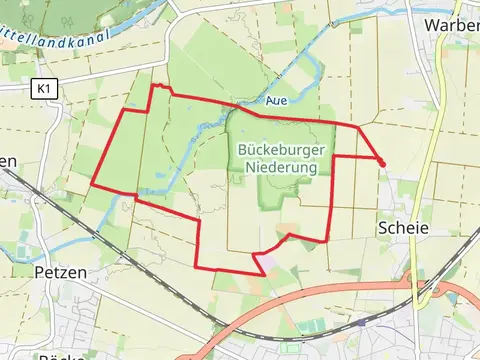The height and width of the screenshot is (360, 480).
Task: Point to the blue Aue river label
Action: click(x=278, y=101)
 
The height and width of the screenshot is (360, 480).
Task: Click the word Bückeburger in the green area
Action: click(x=280, y=151)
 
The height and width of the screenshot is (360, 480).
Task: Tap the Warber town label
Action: click(x=451, y=24)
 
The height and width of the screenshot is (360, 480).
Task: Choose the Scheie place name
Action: click(x=403, y=228)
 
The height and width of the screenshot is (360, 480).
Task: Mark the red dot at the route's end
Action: click(x=381, y=162)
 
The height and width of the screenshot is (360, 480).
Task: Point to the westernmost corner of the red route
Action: click(x=92, y=184)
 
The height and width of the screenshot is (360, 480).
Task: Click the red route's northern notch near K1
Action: click(x=155, y=87)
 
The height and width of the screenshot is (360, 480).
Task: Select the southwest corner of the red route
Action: click(x=197, y=267)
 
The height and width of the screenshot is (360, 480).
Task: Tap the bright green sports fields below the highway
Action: click(x=310, y=326)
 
